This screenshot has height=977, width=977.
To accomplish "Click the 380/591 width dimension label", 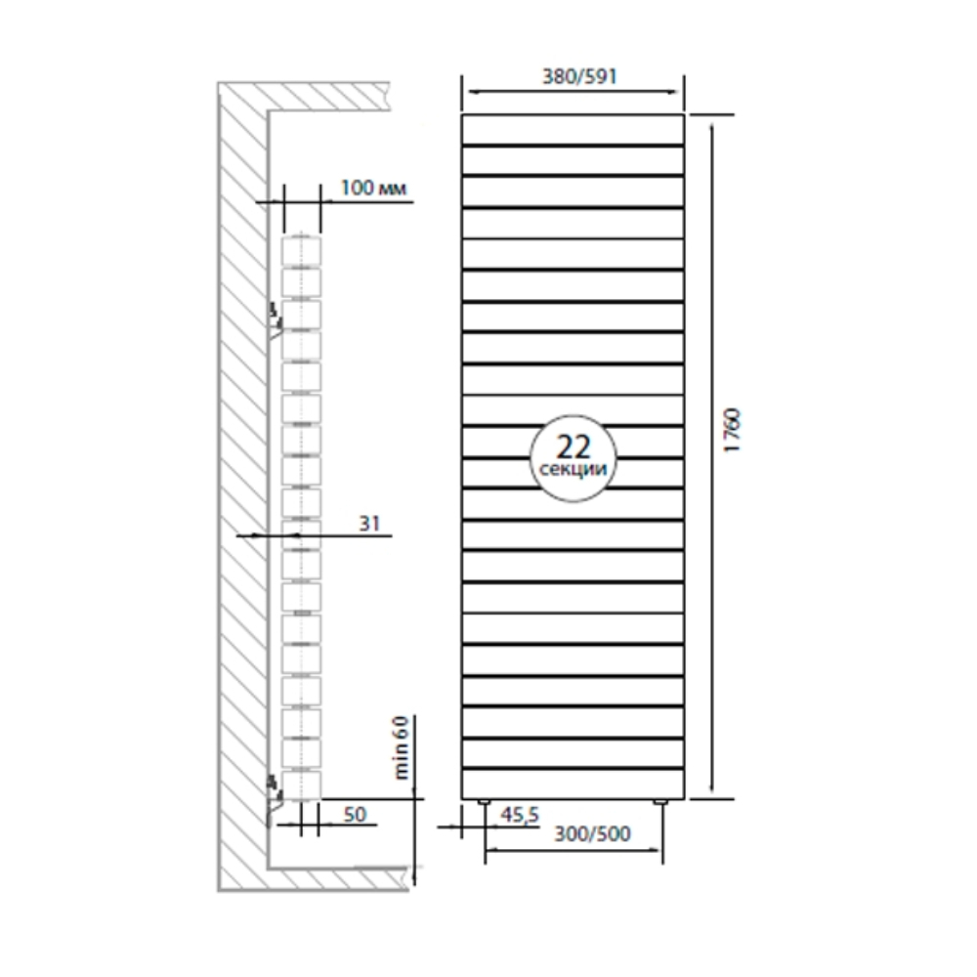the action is [579, 76].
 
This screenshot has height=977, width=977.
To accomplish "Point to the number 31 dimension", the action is [369, 524].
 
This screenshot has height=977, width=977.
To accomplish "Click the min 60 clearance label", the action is [402, 747].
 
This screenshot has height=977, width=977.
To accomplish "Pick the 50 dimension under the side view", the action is [356, 815].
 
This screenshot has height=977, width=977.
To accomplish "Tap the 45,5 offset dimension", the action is [520, 815].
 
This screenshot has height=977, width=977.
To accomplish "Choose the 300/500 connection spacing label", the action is [593, 833].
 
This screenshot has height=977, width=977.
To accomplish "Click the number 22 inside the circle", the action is [573, 446].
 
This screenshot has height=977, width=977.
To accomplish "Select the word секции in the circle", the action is [573, 469].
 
